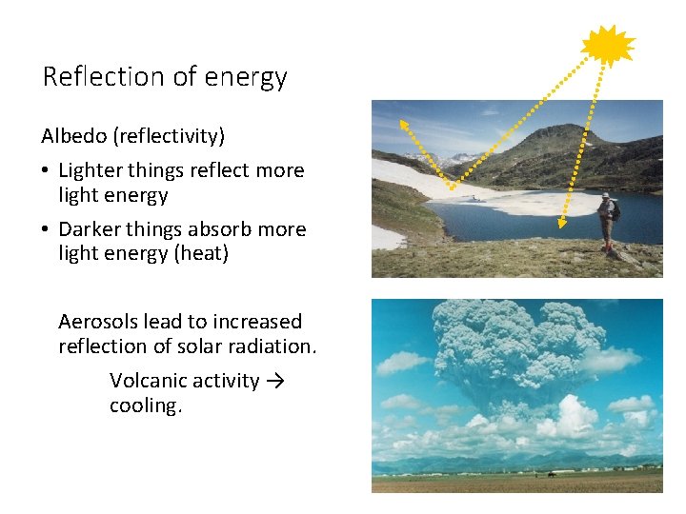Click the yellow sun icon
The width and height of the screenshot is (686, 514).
click(607, 45)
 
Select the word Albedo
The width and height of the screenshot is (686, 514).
click(74, 136)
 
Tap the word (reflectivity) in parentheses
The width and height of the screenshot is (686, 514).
click(169, 136)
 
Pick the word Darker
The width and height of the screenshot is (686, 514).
click(90, 229)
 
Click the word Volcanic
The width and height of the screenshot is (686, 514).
click(148, 381)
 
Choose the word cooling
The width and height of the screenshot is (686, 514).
click(144, 405)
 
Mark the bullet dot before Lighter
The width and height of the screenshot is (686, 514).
click(46, 171)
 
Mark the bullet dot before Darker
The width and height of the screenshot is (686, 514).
click(46, 230)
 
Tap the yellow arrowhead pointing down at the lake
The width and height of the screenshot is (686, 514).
click(562, 225)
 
